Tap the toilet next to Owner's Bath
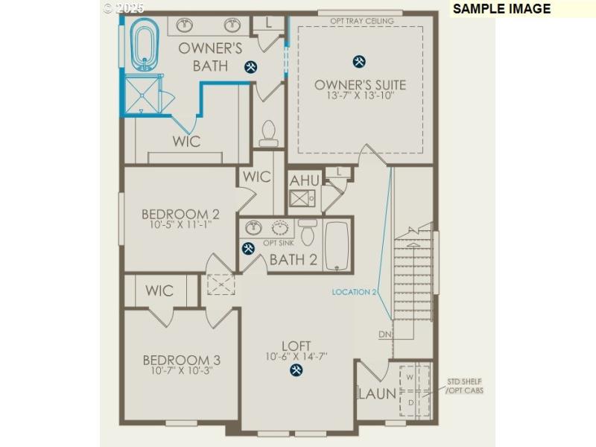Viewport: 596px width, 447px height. click(268, 133)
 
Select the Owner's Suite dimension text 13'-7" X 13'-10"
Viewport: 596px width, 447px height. click(360, 95)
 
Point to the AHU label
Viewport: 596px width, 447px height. click(304, 181)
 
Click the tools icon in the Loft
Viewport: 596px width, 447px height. click(297, 369)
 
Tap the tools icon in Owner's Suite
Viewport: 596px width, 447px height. click(359, 61)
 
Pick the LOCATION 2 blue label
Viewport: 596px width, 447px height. click(355, 292)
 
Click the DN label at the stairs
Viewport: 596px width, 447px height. click(384, 334)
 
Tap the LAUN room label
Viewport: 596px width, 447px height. click(377, 393)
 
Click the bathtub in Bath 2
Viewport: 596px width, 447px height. click(337, 245)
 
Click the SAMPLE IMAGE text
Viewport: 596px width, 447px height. click(501, 9)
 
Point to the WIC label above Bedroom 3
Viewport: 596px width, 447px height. click(159, 290)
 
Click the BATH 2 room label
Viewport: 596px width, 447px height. click(293, 260)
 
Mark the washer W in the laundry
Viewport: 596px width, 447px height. click(409, 378)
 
